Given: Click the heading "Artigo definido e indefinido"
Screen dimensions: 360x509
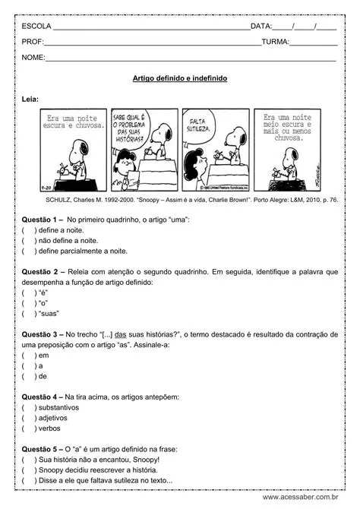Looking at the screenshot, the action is click(x=179, y=78).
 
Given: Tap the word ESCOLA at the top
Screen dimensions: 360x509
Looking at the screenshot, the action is click(x=36, y=26).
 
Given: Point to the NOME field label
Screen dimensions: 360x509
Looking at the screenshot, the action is click(x=33, y=58).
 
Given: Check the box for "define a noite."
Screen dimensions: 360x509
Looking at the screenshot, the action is click(x=28, y=229).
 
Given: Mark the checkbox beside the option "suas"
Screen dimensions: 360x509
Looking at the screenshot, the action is click(x=28, y=313).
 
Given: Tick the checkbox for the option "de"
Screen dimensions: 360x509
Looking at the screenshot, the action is click(x=28, y=375).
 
